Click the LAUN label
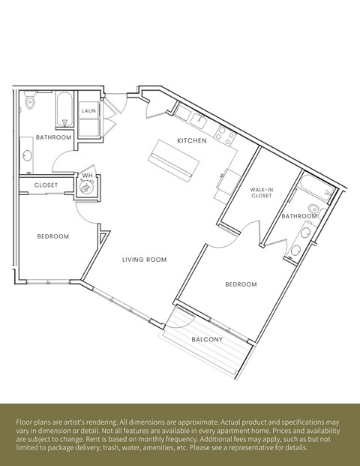tap(88, 111)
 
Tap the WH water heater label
tap(87, 176)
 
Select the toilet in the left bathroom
tap(30, 99)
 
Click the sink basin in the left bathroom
tap(28, 155)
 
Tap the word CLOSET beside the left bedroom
tap(46, 185)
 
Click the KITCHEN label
tap(191, 141)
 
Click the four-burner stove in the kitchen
tap(225, 135)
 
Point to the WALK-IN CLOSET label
tap(261, 194)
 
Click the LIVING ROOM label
tap(144, 260)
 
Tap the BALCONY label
tap(206, 339)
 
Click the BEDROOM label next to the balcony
tap(241, 284)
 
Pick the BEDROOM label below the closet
tap(52, 236)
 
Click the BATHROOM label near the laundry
tap(54, 137)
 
